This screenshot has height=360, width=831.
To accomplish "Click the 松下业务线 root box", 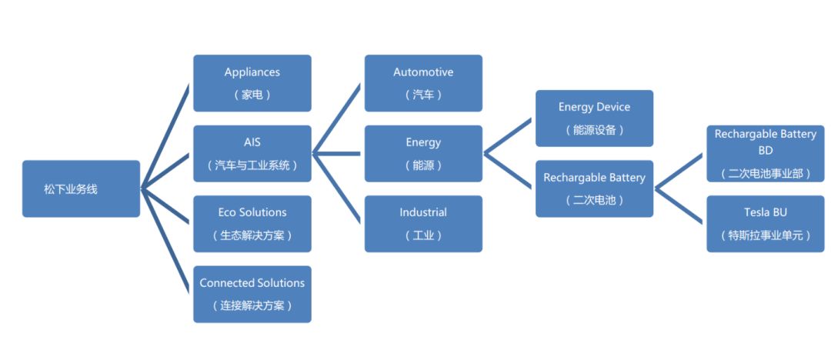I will [x=81, y=188].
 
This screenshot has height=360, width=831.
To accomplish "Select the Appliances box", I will [x=252, y=82].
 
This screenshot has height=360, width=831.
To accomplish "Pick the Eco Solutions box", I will [x=252, y=223].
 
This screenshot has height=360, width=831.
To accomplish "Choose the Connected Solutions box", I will [x=252, y=294].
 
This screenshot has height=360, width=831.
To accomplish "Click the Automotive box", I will [x=423, y=82].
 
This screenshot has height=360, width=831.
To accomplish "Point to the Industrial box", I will [x=423, y=223].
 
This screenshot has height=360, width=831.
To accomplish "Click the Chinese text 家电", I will [x=252, y=95].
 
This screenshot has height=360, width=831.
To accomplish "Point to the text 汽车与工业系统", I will [x=252, y=165].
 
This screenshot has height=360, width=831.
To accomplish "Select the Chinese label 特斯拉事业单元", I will [x=765, y=235].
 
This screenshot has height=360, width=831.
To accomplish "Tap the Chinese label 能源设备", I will [x=594, y=130].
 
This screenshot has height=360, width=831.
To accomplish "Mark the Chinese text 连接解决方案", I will [x=252, y=305].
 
